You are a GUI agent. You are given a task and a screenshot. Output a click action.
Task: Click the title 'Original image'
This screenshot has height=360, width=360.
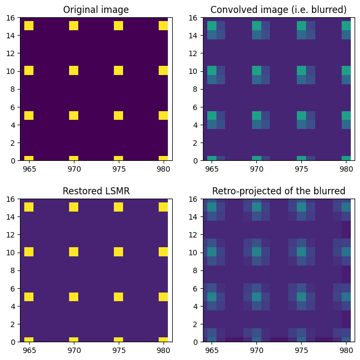click(x=96, y=10)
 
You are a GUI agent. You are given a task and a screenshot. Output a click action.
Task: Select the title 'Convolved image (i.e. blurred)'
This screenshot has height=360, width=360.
click(x=279, y=10)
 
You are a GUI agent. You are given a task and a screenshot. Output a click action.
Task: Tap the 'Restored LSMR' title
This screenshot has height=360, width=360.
click(x=96, y=191)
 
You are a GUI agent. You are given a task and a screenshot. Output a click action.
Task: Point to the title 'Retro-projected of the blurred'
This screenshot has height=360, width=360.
click(x=279, y=191)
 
